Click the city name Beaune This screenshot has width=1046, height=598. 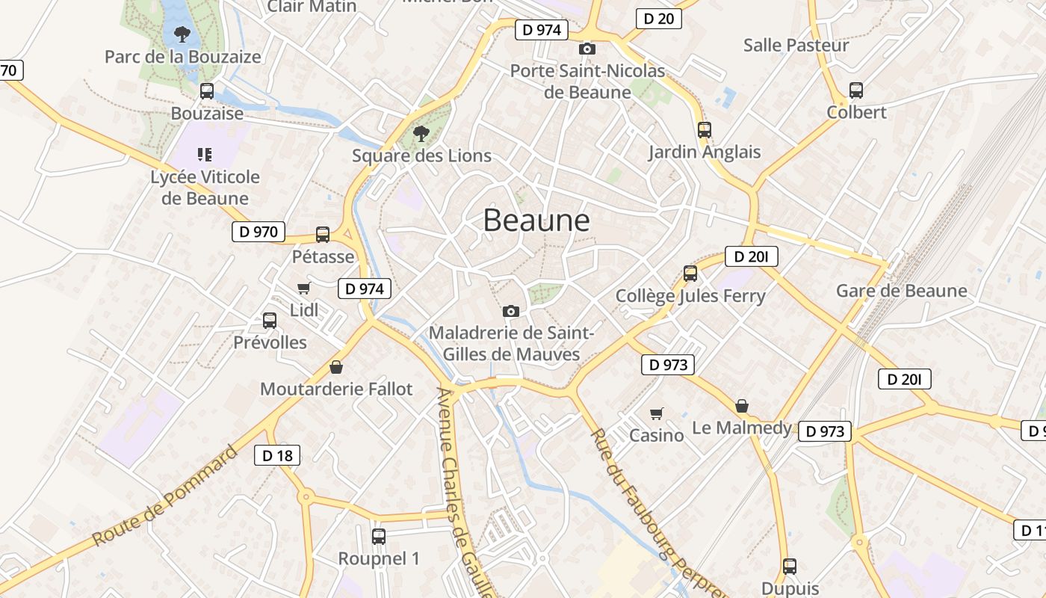[x=536, y=221]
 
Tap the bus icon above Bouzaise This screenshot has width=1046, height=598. [x=207, y=91]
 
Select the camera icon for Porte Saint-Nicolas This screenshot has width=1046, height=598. [x=587, y=49]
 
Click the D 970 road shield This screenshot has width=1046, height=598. [x=259, y=232]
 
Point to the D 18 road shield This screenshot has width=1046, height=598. [x=277, y=454]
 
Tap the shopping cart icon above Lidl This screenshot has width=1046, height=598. [x=303, y=288]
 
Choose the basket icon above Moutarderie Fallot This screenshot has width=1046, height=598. [x=336, y=367]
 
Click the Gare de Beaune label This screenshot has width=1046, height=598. [x=901, y=291]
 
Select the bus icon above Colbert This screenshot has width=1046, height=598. [x=856, y=90]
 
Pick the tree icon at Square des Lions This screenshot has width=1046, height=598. [x=421, y=134]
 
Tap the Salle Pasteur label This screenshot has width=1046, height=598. [x=796, y=45]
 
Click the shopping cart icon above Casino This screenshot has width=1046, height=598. [x=656, y=413]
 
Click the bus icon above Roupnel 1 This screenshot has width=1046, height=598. [x=379, y=536]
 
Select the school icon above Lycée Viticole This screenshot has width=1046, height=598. [x=205, y=155]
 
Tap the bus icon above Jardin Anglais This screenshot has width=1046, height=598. [x=704, y=129]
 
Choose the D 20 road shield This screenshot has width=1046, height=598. [x=658, y=19]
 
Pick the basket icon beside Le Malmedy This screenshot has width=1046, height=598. [x=742, y=406]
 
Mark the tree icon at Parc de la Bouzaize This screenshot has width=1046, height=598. [x=182, y=34]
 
